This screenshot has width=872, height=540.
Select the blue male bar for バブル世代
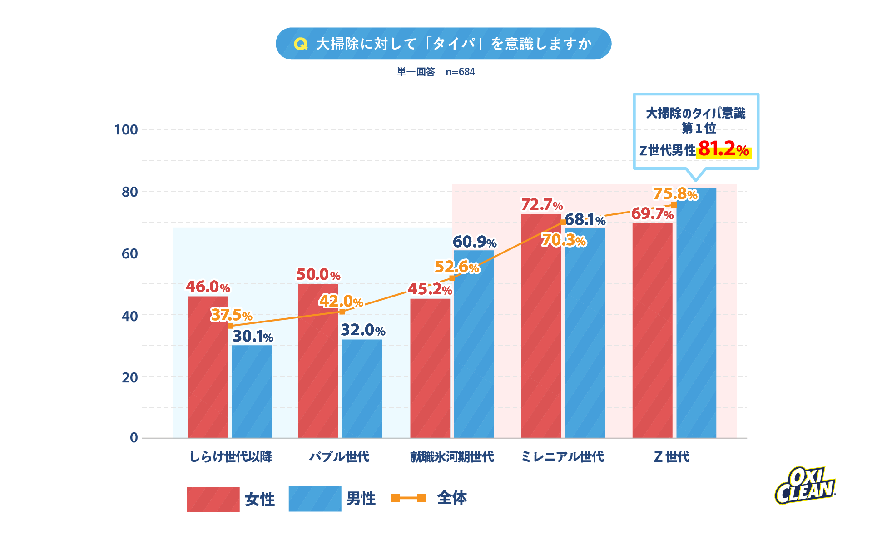pyautogui.click(x=362, y=388)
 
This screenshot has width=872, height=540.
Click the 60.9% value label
pyautogui.click(x=474, y=242)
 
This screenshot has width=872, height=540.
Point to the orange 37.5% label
pyautogui.click(x=231, y=315)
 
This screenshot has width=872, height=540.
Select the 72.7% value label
pyautogui.click(x=541, y=205)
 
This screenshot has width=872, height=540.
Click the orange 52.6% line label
pyautogui.click(x=456, y=267)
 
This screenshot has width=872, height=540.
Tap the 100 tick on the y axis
pyautogui.click(x=126, y=130)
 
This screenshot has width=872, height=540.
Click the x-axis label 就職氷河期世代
pyautogui.click(x=452, y=456)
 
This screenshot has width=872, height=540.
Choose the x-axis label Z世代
pyautogui.click(x=671, y=456)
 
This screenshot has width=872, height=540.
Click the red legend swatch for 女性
pyautogui.click(x=213, y=499)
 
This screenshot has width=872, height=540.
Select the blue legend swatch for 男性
pyautogui.click(x=315, y=499)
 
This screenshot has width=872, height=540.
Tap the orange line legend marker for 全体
pyautogui.click(x=408, y=498)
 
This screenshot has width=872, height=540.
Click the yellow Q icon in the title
pyautogui.click(x=301, y=44)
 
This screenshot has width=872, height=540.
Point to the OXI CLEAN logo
pyautogui.click(x=804, y=486)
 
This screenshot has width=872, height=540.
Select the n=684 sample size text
pyautogui.click(x=460, y=72)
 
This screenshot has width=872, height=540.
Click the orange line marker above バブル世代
pyautogui.click(x=342, y=312)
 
